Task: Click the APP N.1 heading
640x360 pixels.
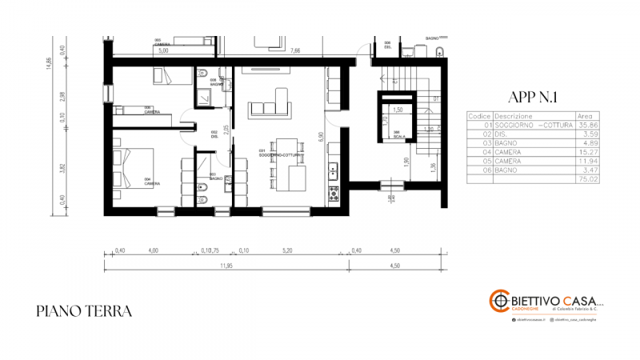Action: click(x=532, y=98)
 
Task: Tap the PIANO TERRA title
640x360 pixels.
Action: click(x=84, y=311)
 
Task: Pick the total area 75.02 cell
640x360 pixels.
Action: click(x=588, y=180)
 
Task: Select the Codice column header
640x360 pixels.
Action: click(x=479, y=115)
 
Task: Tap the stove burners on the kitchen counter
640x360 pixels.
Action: click(x=334, y=192)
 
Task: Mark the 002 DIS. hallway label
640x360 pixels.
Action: click(x=214, y=134)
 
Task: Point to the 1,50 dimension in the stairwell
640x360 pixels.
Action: click(x=397, y=109)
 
